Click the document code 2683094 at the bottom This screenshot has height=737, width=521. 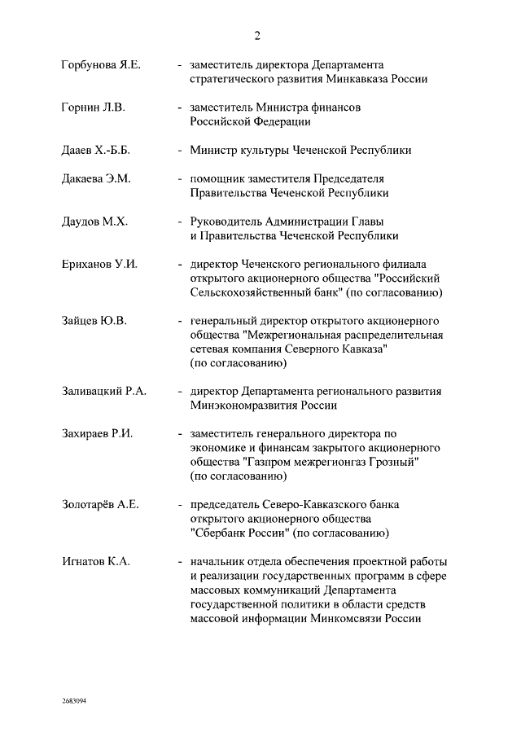tap(74, 700)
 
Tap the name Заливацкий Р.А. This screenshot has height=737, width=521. tap(103, 391)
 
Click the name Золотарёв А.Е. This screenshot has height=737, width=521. tap(100, 505)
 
